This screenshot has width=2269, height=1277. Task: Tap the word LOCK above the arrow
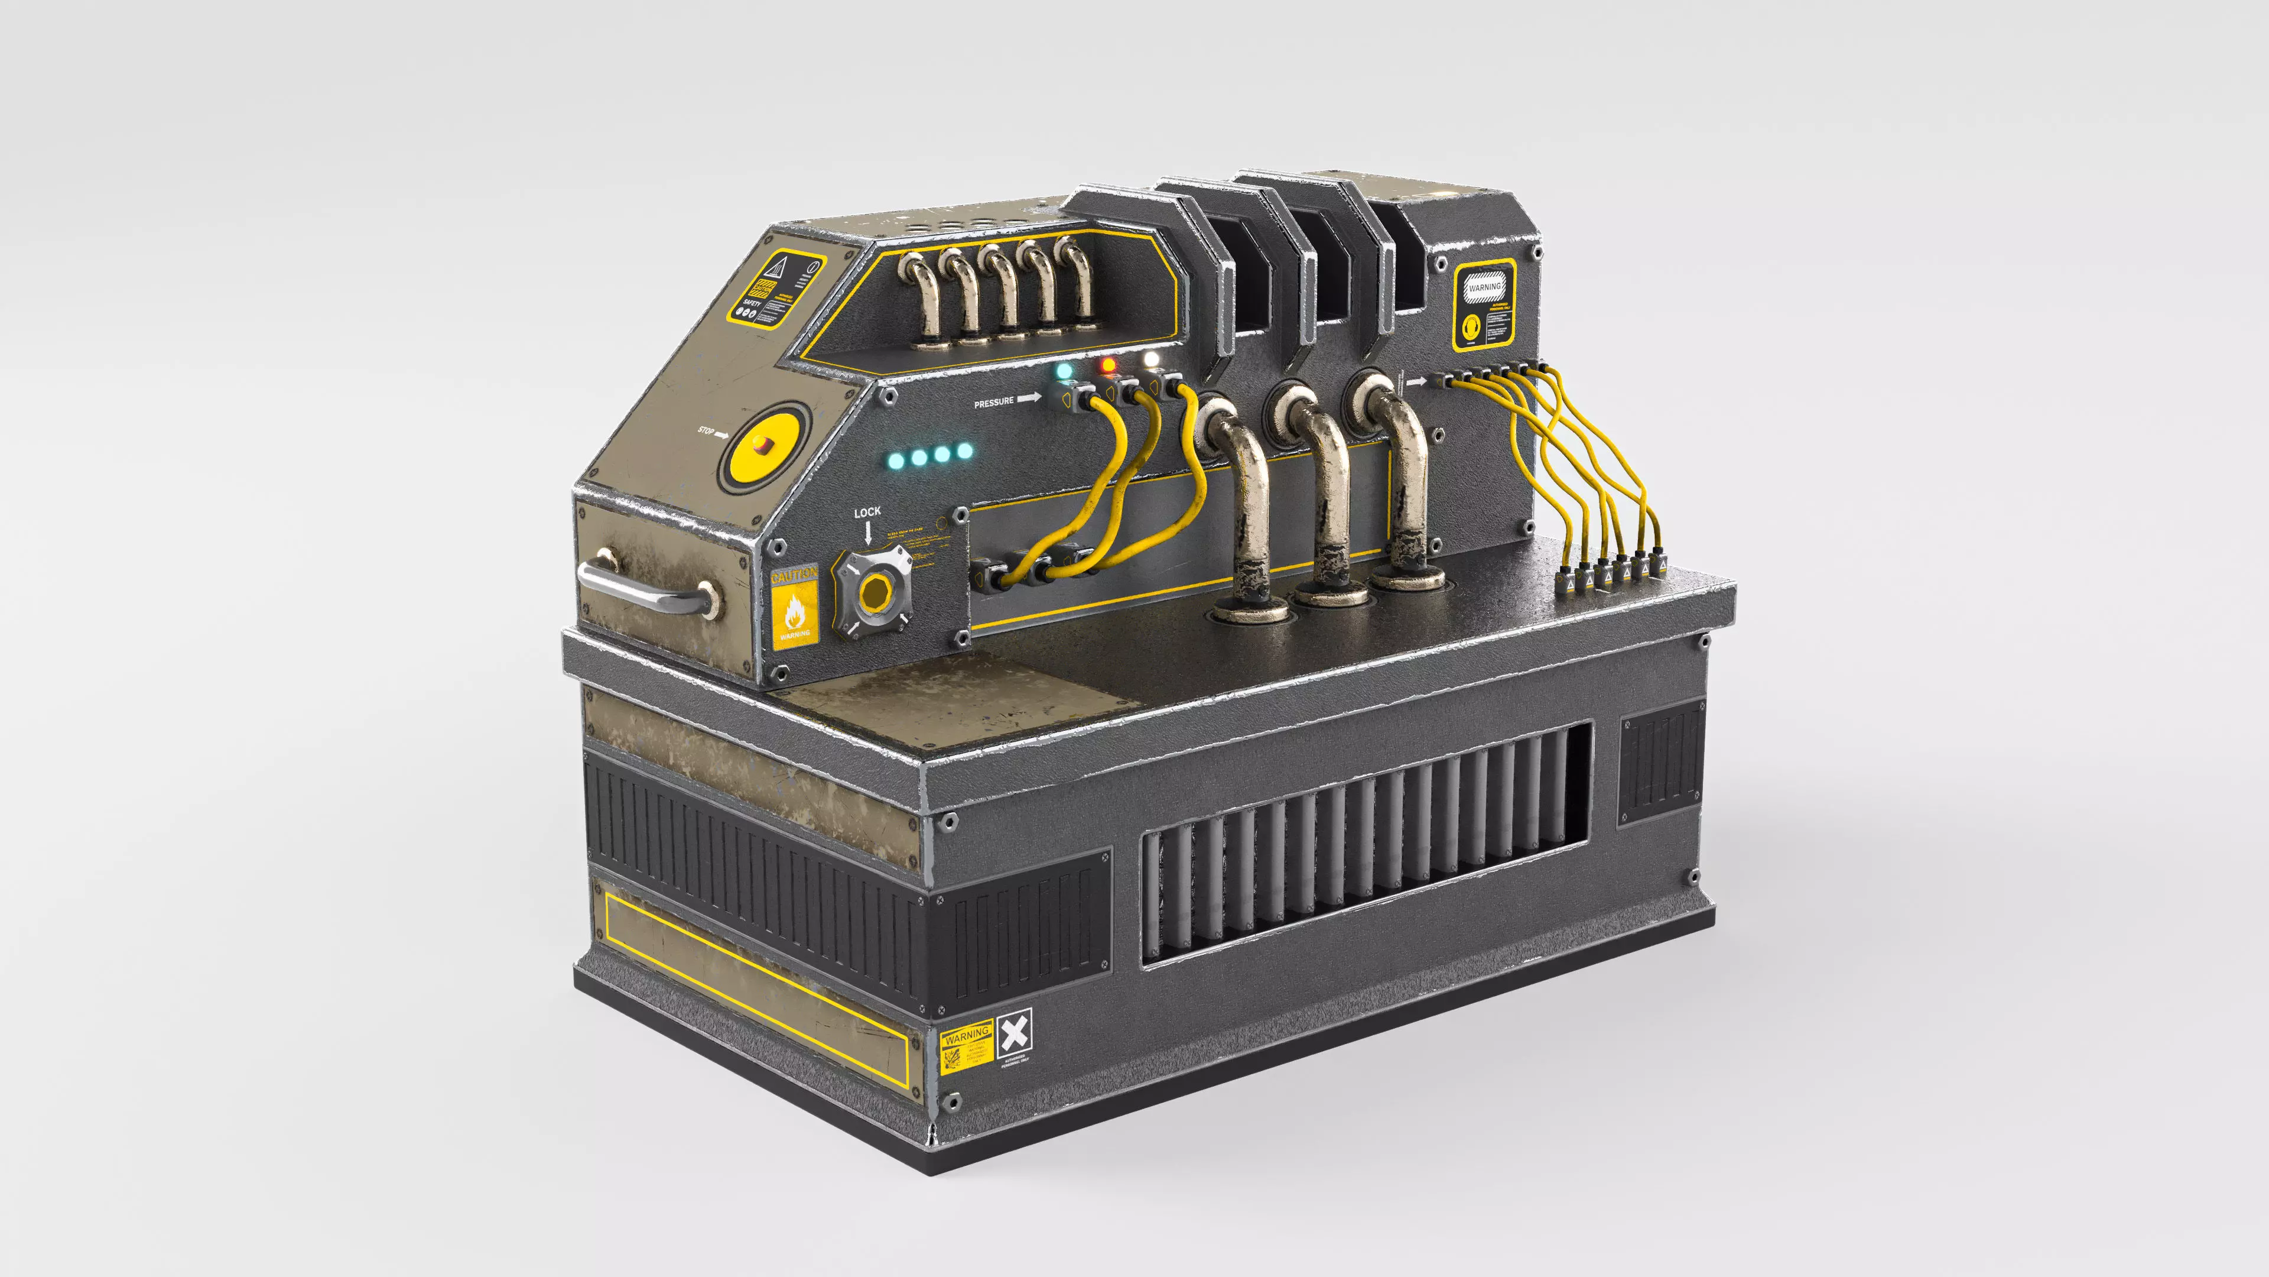coord(867,512)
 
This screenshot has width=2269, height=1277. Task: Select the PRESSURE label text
coord(993,403)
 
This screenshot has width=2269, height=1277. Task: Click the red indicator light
coord(1108,365)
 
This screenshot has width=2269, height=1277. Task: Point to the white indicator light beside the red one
coord(1150,359)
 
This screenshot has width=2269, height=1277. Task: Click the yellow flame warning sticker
coord(795,612)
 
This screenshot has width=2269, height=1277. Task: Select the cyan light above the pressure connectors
coord(1065,371)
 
